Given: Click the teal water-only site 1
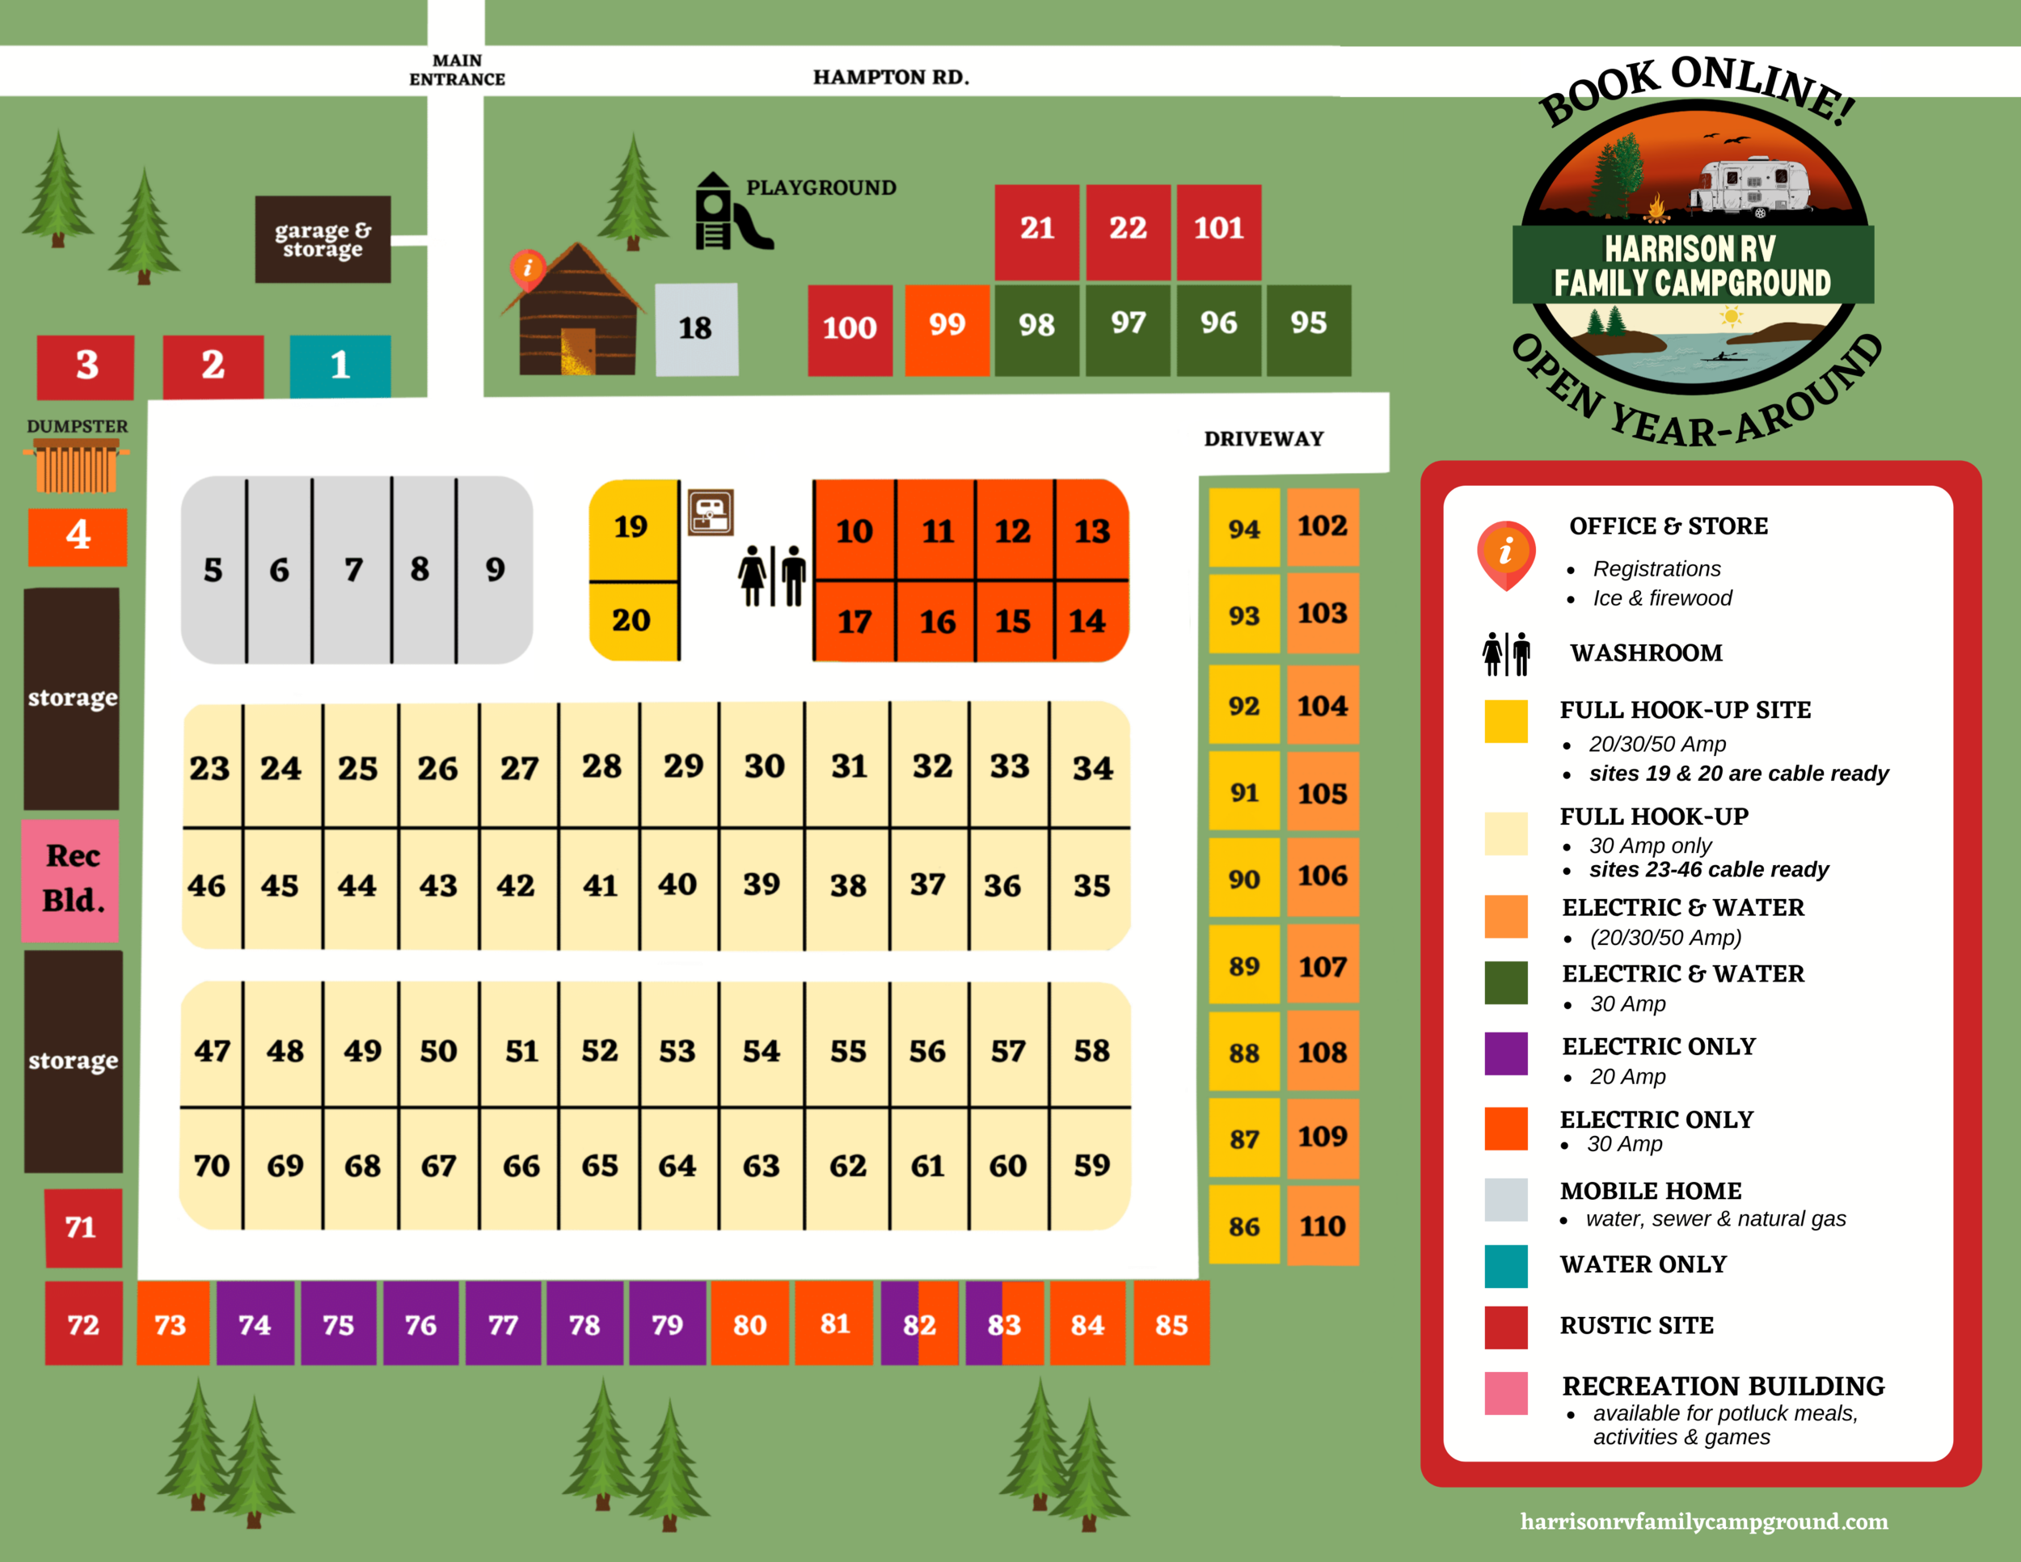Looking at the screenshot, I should pyautogui.click(x=340, y=365).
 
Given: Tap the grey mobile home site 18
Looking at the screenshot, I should pyautogui.click(x=696, y=328).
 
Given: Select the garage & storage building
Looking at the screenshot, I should pyautogui.click(x=322, y=239).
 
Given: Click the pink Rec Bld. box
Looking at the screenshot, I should pyautogui.click(x=72, y=879).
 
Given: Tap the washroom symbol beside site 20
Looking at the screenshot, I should pyautogui.click(x=772, y=576).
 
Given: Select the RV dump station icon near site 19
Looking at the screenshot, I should pyautogui.click(x=711, y=512).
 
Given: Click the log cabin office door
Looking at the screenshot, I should pyautogui.click(x=578, y=351).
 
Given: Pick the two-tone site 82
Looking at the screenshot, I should pyautogui.click(x=919, y=1324).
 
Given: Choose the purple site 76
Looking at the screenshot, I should pyautogui.click(x=420, y=1324).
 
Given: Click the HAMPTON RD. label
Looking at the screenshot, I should pyautogui.click(x=890, y=77).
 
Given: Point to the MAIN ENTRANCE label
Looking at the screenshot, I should pyautogui.click(x=456, y=70).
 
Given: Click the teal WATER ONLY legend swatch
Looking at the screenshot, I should pyautogui.click(x=1505, y=1266).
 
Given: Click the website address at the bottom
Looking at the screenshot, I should pyautogui.click(x=1703, y=1522).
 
